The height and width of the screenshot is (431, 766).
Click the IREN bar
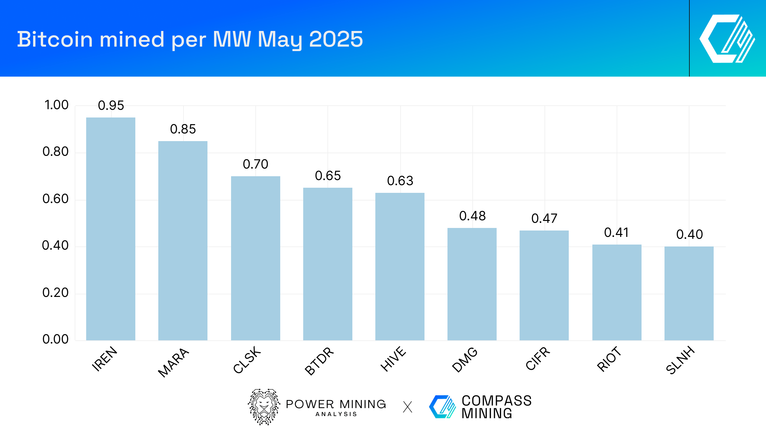[111, 229]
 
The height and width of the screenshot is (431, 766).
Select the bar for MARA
[183, 240]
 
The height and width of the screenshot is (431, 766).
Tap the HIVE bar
[400, 266]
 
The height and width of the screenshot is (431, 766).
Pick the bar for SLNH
[689, 293]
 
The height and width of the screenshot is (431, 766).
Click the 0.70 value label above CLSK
[255, 164]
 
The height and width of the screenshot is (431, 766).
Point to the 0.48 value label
[472, 216]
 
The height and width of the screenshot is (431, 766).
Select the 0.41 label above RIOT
[617, 233]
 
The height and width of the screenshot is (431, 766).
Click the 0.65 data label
[328, 176]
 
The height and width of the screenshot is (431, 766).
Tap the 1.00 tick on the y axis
[56, 105]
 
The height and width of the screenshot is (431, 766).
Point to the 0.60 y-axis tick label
[56, 199]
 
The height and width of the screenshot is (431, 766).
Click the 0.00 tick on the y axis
[56, 339]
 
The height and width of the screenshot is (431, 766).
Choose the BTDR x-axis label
[319, 361]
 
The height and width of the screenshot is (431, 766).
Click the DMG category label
[465, 360]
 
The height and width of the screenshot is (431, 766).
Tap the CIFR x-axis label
[538, 358]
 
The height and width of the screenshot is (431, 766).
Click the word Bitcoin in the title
[55, 39]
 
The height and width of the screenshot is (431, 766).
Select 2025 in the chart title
[336, 39]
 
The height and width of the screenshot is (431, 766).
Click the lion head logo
[264, 407]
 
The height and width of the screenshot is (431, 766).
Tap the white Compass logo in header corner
[727, 39]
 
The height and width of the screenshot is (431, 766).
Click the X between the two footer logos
[408, 407]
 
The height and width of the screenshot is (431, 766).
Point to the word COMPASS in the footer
[497, 401]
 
